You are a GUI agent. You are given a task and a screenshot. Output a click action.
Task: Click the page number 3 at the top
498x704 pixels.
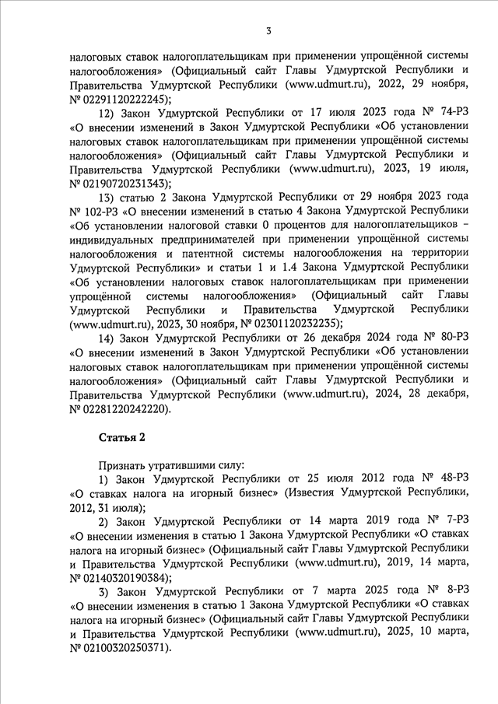268,31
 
